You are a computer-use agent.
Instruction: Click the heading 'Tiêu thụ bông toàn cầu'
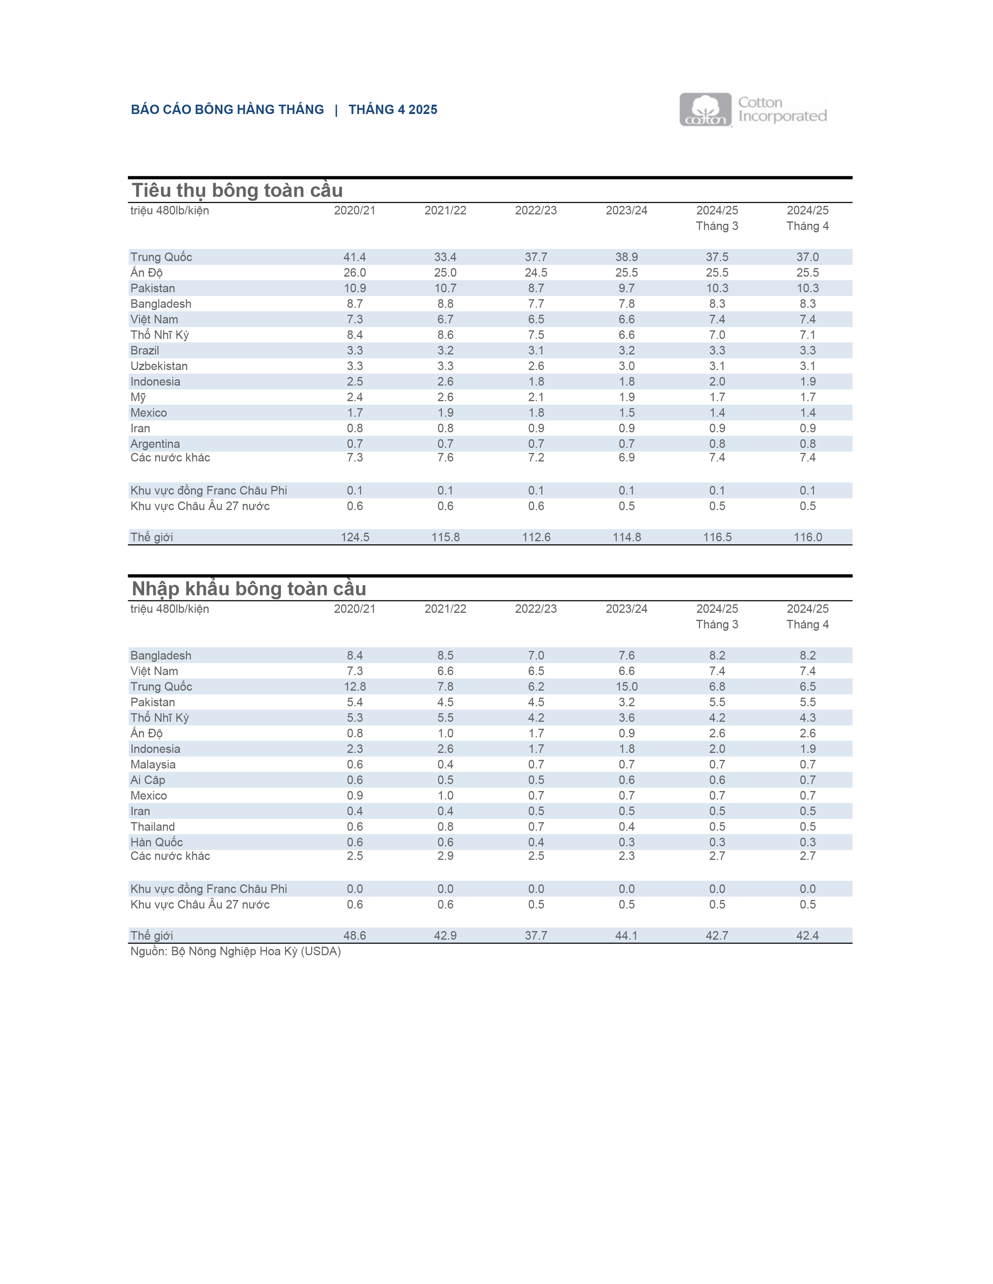[237, 191]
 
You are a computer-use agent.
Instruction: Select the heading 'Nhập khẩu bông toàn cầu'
[249, 588]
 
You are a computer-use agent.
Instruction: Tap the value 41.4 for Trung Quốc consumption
[355, 257]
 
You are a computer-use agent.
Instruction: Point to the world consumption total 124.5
[355, 537]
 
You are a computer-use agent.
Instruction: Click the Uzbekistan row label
[159, 366]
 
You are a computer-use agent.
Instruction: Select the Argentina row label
[155, 444]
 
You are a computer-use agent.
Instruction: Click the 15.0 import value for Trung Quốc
[627, 686]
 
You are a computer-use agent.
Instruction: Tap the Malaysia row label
[153, 764]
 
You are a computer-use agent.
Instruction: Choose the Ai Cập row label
[148, 780]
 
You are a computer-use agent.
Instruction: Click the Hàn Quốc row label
[157, 842]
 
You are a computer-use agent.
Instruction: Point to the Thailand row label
[152, 826]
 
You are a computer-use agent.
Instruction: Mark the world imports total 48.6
[355, 935]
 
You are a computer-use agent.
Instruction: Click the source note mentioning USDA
[235, 951]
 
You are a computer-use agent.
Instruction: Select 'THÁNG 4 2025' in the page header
[393, 109]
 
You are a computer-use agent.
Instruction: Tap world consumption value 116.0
[808, 537]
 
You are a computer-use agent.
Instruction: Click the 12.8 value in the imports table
[355, 686]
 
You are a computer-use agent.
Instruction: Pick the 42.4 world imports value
[808, 935]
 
